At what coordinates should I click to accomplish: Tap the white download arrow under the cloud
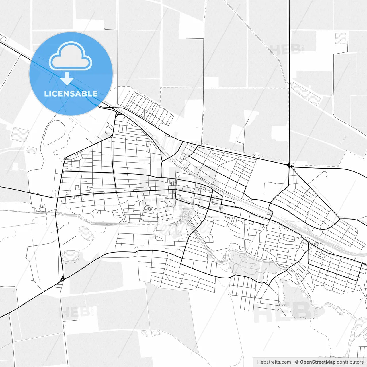[x=67, y=79]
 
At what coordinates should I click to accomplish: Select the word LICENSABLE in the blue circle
[x=71, y=94]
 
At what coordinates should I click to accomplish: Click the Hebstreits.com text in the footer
[x=274, y=362]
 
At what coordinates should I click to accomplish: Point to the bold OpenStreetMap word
[x=317, y=362]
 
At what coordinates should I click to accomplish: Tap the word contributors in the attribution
[x=350, y=362]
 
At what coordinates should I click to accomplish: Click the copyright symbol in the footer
[x=297, y=362]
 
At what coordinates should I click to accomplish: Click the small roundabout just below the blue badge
[x=118, y=113]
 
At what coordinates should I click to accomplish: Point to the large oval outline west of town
[x=54, y=132]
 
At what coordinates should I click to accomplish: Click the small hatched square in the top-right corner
[x=341, y=38]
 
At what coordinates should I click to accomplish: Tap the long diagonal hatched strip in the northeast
[x=306, y=93]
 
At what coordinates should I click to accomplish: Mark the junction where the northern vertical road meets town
[x=290, y=165]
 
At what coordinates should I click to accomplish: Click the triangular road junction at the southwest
[x=62, y=279]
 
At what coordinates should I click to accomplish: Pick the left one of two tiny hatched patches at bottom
[x=144, y=333]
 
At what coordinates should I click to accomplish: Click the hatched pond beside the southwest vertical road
[x=70, y=256]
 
